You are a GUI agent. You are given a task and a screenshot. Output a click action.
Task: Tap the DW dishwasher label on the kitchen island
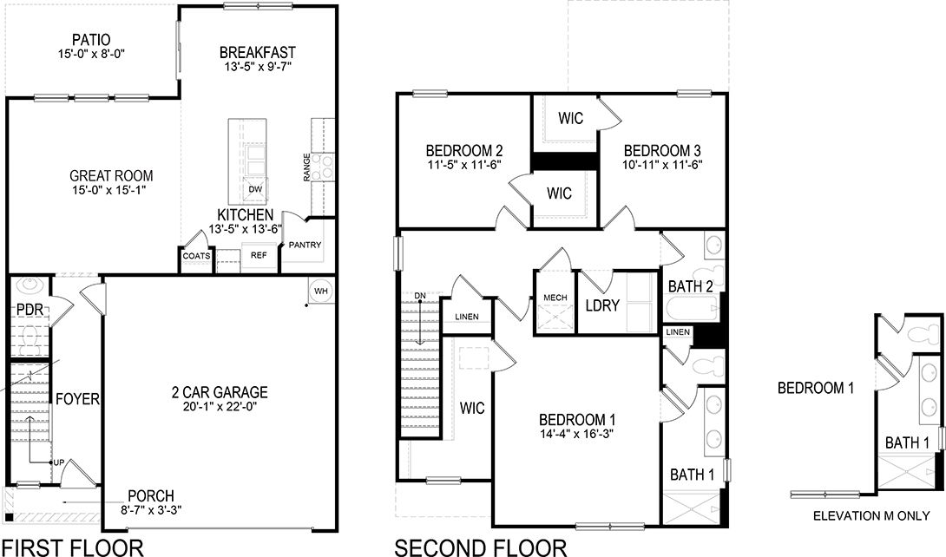click(254, 189)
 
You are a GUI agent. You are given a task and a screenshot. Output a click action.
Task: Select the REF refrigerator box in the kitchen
click(259, 256)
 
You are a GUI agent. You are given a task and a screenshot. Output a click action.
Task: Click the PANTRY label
click(305, 246)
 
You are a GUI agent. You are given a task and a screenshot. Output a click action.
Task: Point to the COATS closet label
click(196, 256)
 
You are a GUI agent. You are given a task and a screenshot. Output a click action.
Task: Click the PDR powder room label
click(29, 310)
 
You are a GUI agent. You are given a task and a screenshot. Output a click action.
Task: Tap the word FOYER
click(78, 400)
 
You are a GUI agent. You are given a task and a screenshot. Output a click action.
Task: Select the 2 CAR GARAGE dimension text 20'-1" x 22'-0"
click(220, 406)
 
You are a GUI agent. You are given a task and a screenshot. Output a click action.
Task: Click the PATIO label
click(90, 39)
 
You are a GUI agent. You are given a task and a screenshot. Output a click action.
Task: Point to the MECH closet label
click(555, 298)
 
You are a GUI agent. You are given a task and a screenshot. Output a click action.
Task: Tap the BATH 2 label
click(690, 285)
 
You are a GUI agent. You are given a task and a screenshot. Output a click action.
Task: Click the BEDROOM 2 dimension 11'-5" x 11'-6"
click(463, 163)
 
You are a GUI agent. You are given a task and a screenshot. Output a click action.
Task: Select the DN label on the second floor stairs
click(420, 296)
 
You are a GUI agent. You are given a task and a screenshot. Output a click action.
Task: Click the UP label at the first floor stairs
click(58, 462)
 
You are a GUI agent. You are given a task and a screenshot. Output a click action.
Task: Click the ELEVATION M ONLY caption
click(870, 516)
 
